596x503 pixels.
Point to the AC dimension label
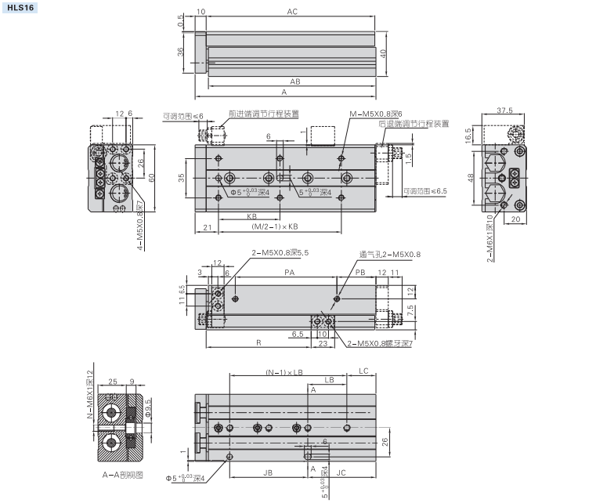[292, 12]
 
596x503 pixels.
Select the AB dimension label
[295, 81]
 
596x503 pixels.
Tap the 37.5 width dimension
[505, 110]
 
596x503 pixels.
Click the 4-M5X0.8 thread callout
[139, 227]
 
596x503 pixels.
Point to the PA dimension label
[288, 272]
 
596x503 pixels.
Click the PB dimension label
[360, 272]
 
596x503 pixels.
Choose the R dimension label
[258, 342]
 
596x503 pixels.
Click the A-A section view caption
[118, 475]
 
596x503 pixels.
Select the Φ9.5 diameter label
[147, 408]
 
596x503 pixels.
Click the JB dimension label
[267, 472]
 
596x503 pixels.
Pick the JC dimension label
[341, 472]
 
